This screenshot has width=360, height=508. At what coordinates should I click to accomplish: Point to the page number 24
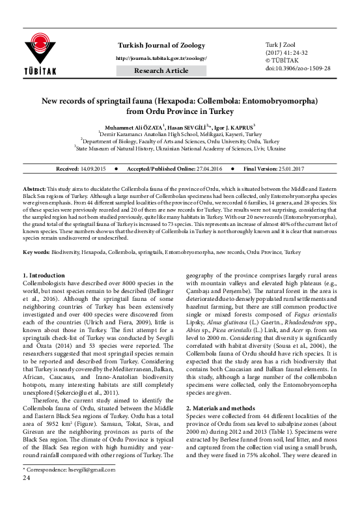tap(27, 496)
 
